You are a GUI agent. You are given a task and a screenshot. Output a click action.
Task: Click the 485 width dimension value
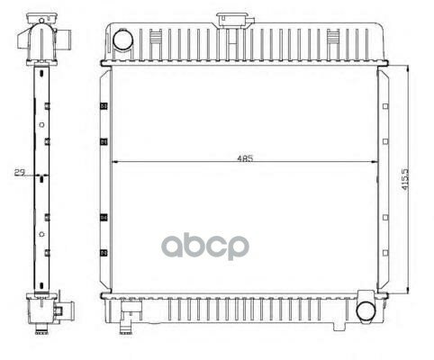(x=245, y=158)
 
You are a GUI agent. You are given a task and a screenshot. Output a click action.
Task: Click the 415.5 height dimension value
(x=405, y=179)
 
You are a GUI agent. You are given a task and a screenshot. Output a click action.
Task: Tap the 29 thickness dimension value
(x=19, y=173)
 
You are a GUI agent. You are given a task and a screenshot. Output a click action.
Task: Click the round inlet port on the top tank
(x=123, y=40)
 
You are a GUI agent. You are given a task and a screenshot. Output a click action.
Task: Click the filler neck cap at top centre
(x=235, y=21)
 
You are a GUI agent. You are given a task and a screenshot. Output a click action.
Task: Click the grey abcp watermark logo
(x=205, y=247)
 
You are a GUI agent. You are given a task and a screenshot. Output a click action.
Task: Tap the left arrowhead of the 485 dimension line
(x=114, y=162)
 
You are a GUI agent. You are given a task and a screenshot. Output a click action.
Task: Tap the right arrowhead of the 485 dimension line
(x=375, y=162)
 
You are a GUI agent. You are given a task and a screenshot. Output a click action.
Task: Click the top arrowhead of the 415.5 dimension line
(x=407, y=68)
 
